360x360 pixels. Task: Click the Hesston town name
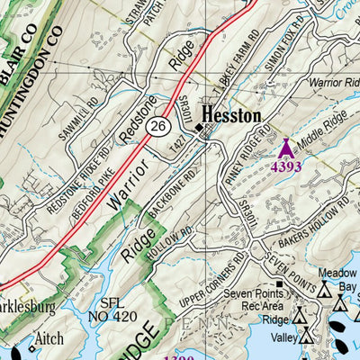tap(231, 116)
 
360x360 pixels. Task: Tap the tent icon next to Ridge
tap(300, 317)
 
